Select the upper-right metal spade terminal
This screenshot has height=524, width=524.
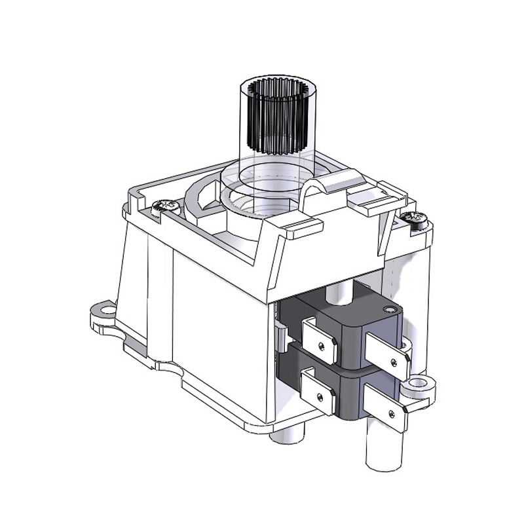click(x=387, y=354)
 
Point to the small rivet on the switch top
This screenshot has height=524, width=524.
click(x=390, y=309)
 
